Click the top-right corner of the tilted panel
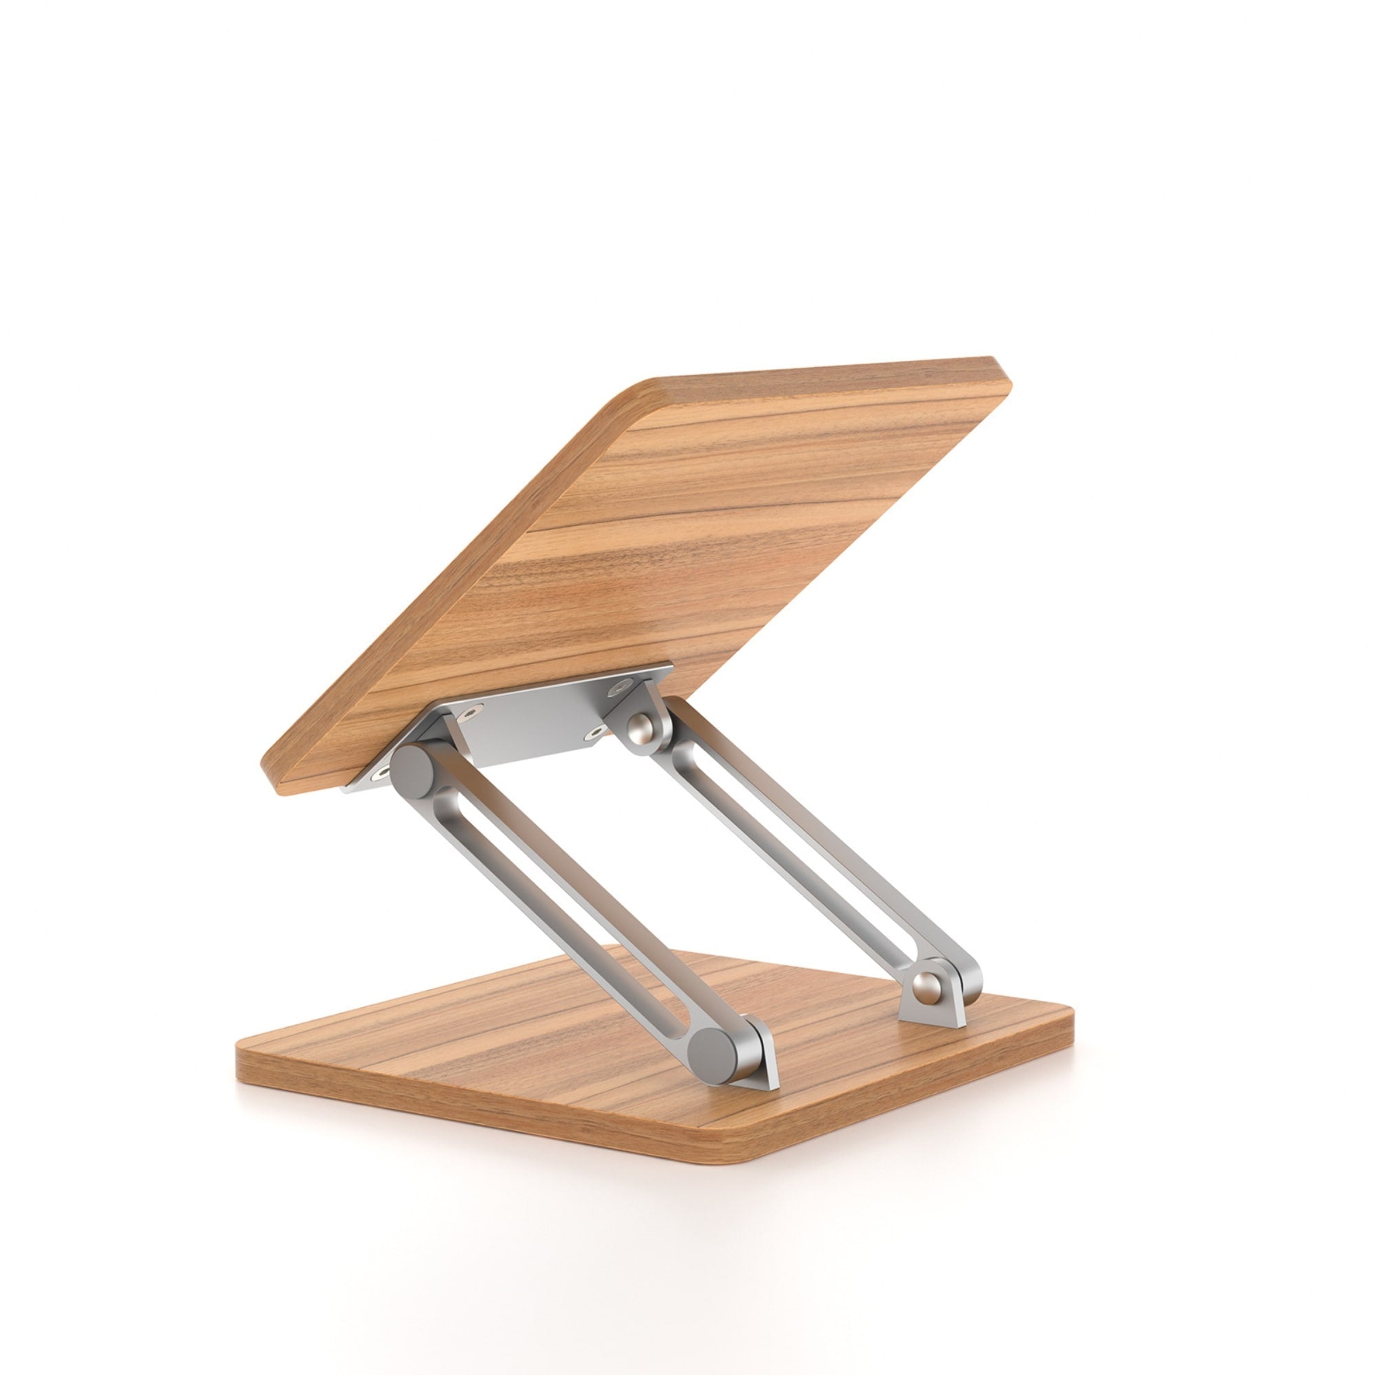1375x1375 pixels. (1004, 377)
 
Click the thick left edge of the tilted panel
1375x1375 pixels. (441, 584)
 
